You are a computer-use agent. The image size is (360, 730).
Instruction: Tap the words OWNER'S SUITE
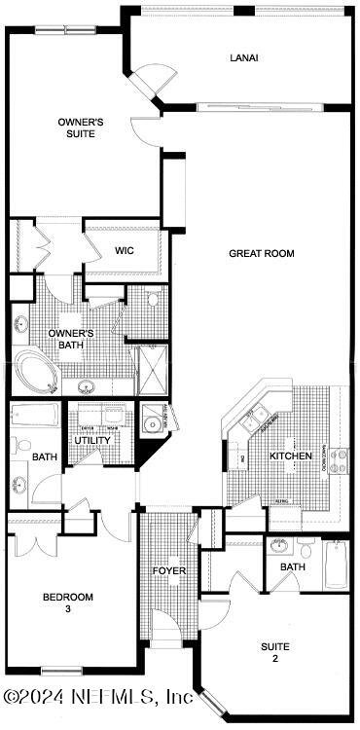[x=81, y=128]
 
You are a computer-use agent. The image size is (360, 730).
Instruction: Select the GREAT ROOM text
[x=261, y=253]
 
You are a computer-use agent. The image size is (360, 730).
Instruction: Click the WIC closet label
[x=124, y=250]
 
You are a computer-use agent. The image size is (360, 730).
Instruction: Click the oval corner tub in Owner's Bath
[x=35, y=374]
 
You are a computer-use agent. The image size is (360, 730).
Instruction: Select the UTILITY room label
[x=92, y=440]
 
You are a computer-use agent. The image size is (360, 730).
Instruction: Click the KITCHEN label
[x=291, y=456]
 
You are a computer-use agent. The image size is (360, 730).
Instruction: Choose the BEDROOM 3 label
[x=67, y=602]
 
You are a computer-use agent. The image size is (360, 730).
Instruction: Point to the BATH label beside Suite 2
[x=293, y=566]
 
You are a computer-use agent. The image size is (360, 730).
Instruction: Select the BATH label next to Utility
[x=45, y=456]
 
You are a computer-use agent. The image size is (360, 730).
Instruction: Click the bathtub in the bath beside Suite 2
[x=336, y=565]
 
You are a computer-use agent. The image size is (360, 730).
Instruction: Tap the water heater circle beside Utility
[x=152, y=422]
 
